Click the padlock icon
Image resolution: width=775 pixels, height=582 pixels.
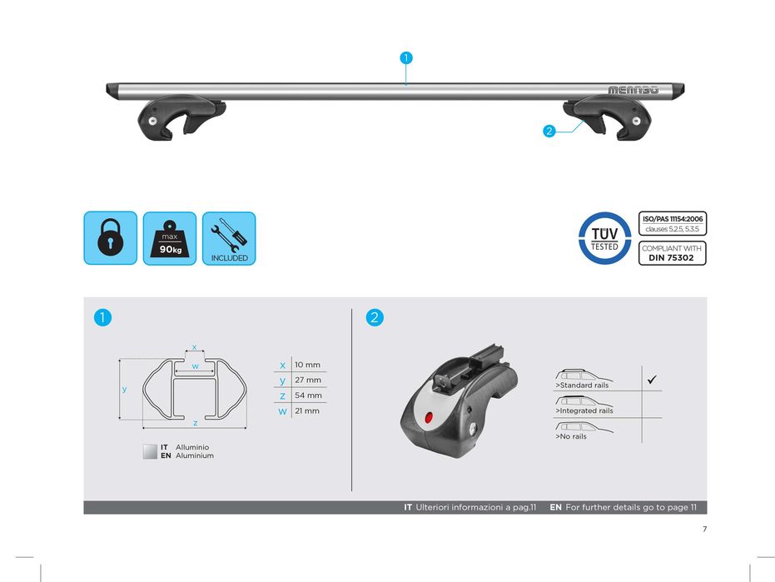coord(110,238)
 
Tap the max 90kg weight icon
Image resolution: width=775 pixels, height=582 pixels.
coord(170,238)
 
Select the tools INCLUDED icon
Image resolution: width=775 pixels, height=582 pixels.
coord(229,238)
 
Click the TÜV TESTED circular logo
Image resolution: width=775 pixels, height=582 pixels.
coord(604,238)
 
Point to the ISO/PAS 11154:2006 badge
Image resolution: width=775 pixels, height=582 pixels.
coord(673,223)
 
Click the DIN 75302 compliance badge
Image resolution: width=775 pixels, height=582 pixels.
coord(673,253)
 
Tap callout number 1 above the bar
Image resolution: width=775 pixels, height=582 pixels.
coord(405,57)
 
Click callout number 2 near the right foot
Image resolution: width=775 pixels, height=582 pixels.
coord(549,131)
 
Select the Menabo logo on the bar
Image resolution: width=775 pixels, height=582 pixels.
coord(633,90)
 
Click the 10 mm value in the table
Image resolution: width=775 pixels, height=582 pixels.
coord(307,365)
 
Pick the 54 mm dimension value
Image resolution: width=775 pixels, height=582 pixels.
coord(308,395)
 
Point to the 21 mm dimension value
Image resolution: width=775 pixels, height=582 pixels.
coord(307,410)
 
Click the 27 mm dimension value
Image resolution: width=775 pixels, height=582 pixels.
coord(308,380)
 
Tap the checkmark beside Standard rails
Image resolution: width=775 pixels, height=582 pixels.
coord(652,380)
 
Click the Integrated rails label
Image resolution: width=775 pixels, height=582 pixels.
coord(584,410)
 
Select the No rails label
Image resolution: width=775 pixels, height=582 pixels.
coord(571,436)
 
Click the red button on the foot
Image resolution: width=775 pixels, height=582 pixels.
coord(429,418)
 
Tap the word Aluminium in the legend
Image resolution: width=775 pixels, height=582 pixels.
coord(195,455)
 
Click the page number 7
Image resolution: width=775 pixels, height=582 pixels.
coord(705,529)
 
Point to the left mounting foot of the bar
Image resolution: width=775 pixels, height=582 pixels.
coord(180,117)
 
